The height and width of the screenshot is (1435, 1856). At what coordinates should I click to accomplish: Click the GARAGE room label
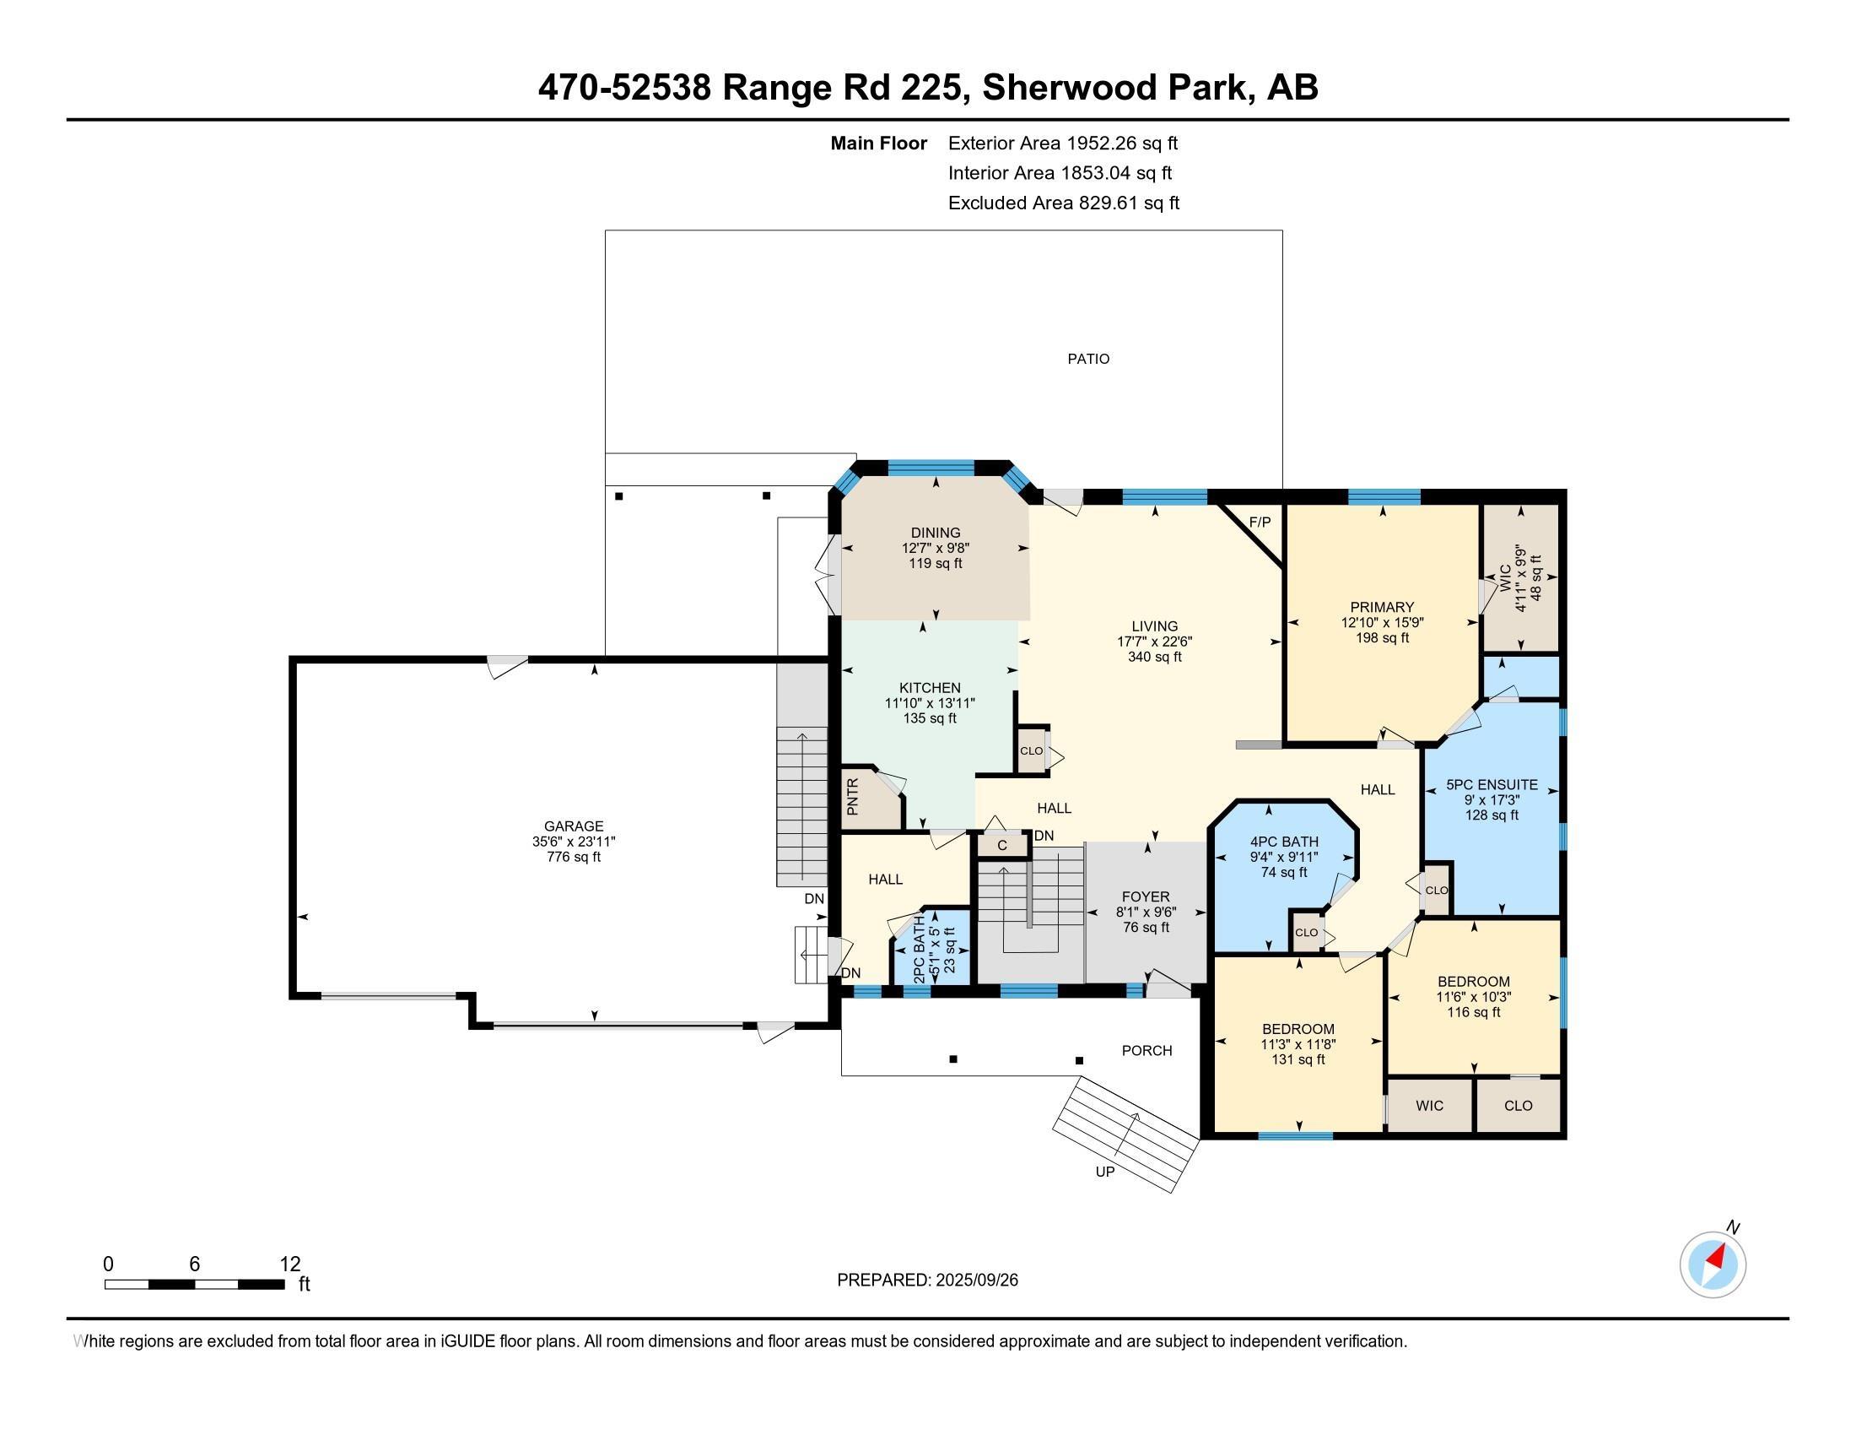(574, 826)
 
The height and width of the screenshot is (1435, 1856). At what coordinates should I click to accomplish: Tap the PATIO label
(1088, 359)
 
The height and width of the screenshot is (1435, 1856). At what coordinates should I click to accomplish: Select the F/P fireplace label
(1260, 522)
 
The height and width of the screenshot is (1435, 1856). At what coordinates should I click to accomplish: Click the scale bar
(195, 1285)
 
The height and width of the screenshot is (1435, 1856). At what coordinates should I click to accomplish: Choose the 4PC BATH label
(1284, 842)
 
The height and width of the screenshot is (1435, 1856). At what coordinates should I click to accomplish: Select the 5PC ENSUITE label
(1492, 785)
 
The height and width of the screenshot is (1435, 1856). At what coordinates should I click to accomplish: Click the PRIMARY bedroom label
(1382, 607)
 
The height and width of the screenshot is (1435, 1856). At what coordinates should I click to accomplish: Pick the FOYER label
(1146, 896)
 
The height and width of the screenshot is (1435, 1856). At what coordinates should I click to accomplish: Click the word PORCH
(1147, 1051)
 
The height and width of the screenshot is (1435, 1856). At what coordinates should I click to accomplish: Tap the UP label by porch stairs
(1105, 1172)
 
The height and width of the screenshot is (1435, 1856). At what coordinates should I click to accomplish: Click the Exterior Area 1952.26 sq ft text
(1063, 143)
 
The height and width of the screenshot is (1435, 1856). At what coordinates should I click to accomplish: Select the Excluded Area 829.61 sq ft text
(1064, 203)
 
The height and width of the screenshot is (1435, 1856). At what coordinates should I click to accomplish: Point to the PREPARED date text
(927, 1281)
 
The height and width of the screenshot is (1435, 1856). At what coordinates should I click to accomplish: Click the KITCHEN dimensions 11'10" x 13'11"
(930, 703)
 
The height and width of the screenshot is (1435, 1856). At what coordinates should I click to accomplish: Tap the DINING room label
(936, 533)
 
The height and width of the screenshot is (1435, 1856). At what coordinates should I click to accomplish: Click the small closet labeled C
(1002, 845)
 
